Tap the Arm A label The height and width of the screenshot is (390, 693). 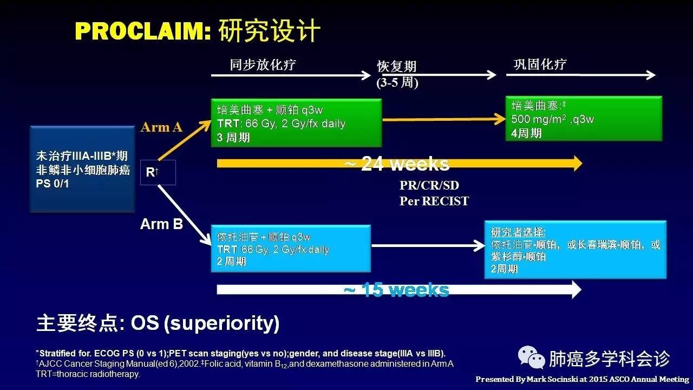click(161, 127)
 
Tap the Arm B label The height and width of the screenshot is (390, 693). click(161, 224)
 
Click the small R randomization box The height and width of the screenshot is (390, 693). click(158, 172)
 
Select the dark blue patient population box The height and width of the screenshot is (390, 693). click(82, 169)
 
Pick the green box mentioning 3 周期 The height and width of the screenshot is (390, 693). click(296, 123)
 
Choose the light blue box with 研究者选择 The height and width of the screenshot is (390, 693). click(575, 249)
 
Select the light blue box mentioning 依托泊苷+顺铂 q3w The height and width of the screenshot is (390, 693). click(291, 249)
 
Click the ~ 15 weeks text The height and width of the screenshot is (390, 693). click(396, 290)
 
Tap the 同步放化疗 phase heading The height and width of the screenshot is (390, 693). click(263, 65)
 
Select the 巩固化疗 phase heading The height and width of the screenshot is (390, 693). click(539, 64)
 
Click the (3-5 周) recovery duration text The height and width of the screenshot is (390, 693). click(397, 83)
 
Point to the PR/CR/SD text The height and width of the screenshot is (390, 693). click(429, 185)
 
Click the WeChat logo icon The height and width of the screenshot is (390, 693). click(532, 357)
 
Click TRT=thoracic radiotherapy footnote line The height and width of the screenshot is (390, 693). click(88, 374)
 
